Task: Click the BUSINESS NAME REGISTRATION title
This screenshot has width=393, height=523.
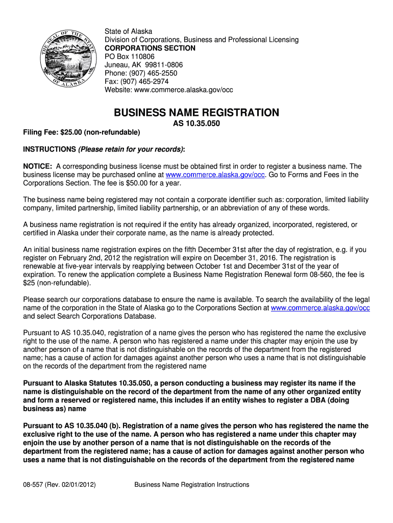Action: pyautogui.click(x=196, y=112)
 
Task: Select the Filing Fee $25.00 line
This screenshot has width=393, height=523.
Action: pyautogui.click(x=82, y=132)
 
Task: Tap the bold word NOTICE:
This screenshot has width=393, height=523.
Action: pyautogui.click(x=38, y=166)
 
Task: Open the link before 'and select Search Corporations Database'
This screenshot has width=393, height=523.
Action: pyautogui.click(x=320, y=307)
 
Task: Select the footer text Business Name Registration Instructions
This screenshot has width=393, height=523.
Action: pyautogui.click(x=191, y=484)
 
